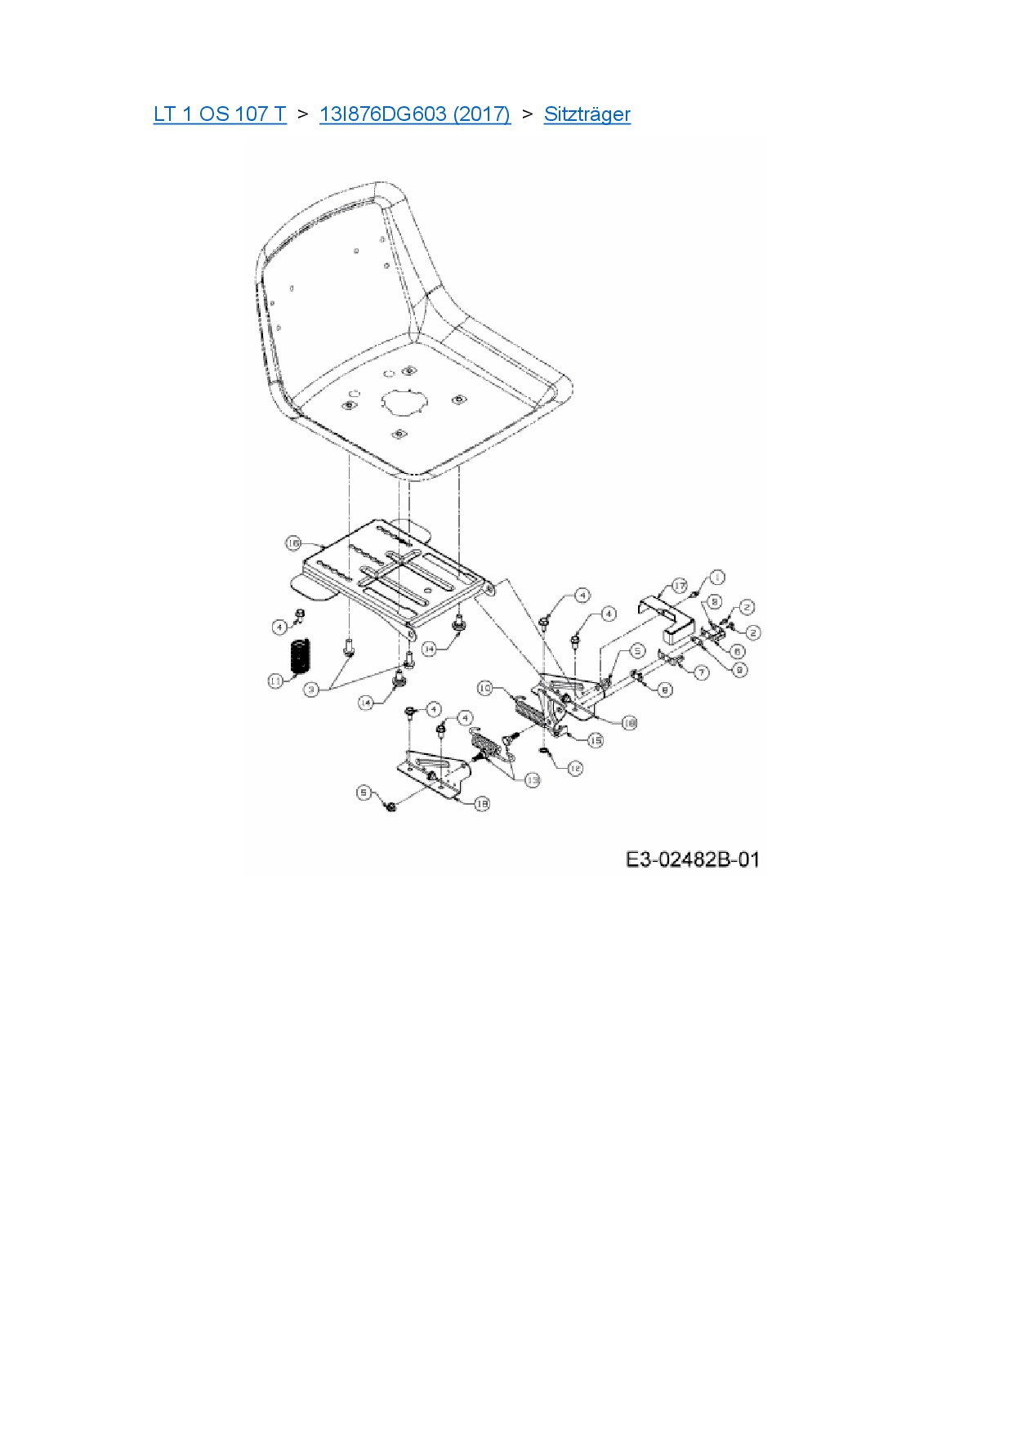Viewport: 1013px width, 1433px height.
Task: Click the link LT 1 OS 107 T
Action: coord(220,114)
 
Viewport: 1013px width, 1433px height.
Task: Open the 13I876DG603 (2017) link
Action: coord(414,114)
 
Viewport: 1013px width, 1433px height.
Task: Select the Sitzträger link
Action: coord(587,114)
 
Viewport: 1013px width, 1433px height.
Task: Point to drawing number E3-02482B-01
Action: coord(692,859)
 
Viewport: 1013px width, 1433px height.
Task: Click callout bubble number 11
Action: coord(276,680)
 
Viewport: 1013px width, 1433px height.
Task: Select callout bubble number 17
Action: coord(680,586)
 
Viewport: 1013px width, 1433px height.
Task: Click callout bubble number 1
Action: coord(716,578)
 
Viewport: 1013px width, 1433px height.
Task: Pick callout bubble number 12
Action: coord(575,768)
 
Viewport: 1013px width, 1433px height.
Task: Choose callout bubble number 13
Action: coord(532,780)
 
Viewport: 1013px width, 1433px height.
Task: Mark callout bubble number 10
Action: coord(484,689)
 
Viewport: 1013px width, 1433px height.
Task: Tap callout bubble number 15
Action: coord(596,740)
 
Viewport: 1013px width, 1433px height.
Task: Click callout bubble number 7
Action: coord(702,672)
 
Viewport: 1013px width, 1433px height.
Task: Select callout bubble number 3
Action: coord(311,690)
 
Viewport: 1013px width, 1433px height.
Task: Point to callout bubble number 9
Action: coord(739,669)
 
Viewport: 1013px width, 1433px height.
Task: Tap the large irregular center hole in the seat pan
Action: coord(404,401)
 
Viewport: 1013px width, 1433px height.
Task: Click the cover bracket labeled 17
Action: coord(670,621)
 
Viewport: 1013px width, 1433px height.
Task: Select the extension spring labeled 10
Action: coord(527,708)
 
